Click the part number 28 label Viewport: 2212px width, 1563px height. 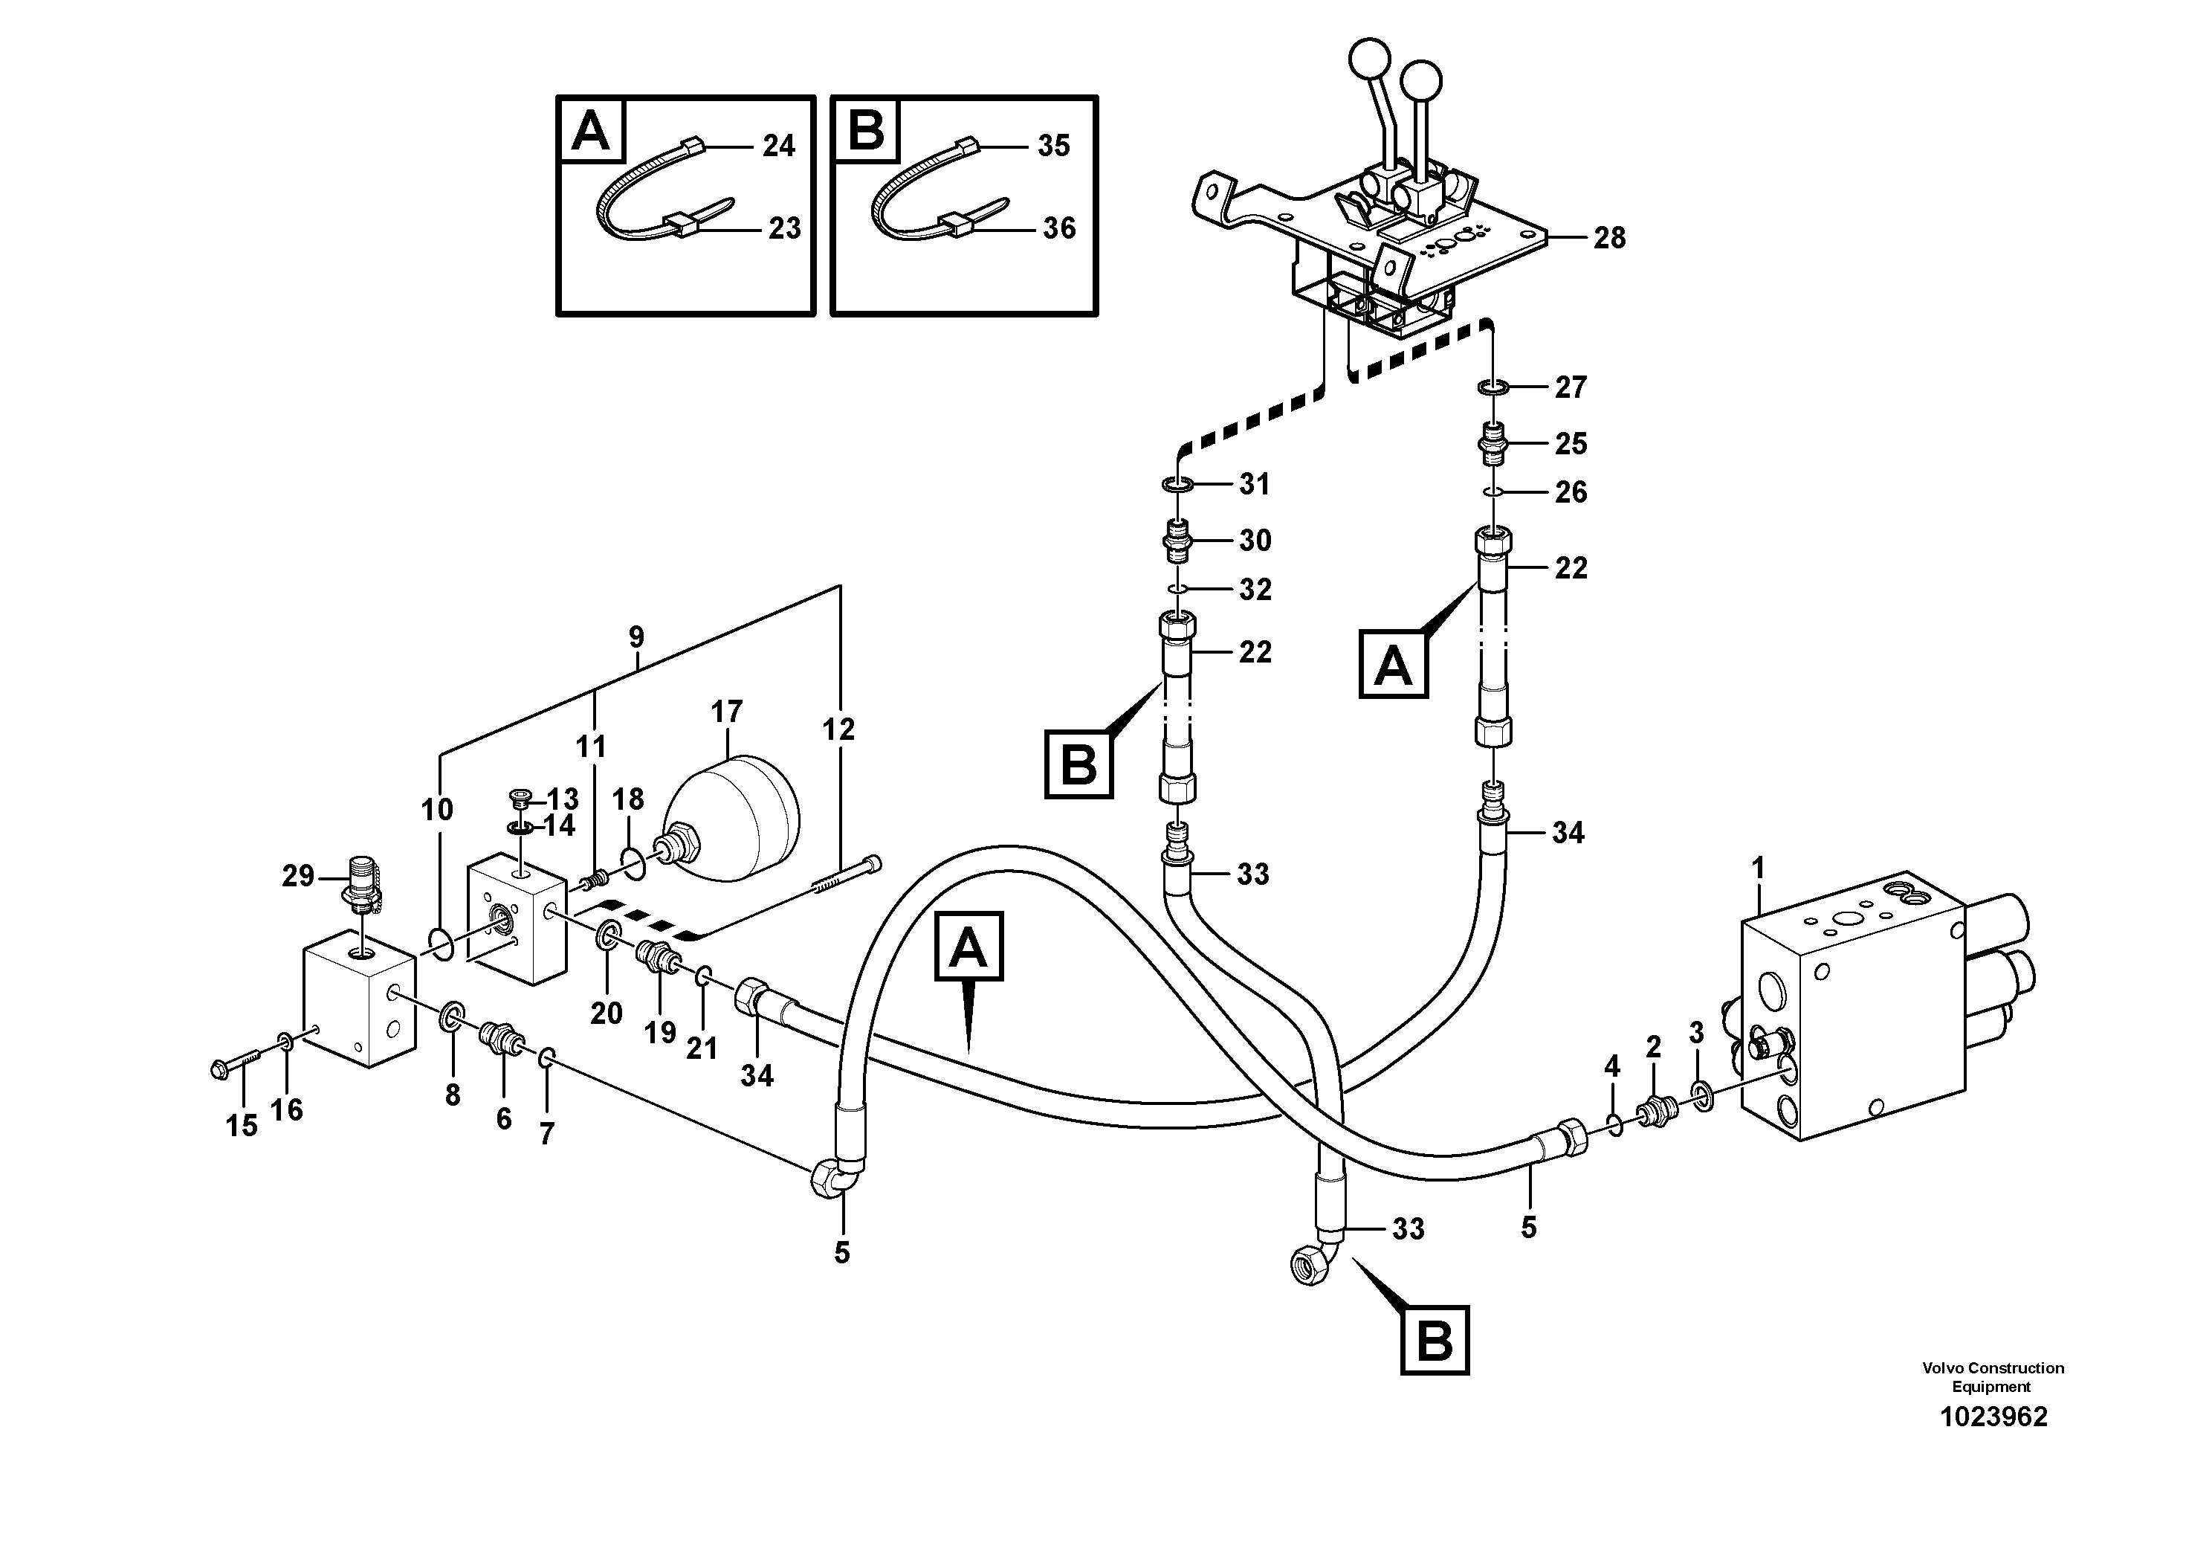click(1609, 238)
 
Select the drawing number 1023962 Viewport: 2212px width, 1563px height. click(1992, 1417)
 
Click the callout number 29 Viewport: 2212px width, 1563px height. click(298, 876)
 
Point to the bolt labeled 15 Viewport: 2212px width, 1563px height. click(234, 1064)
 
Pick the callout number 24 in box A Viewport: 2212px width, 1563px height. click(778, 146)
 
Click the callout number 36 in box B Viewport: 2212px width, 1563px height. click(1058, 228)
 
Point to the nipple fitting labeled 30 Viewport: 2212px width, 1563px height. click(1178, 541)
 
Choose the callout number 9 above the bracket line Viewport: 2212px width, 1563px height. click(636, 637)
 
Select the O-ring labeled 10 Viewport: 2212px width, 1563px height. click(439, 945)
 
